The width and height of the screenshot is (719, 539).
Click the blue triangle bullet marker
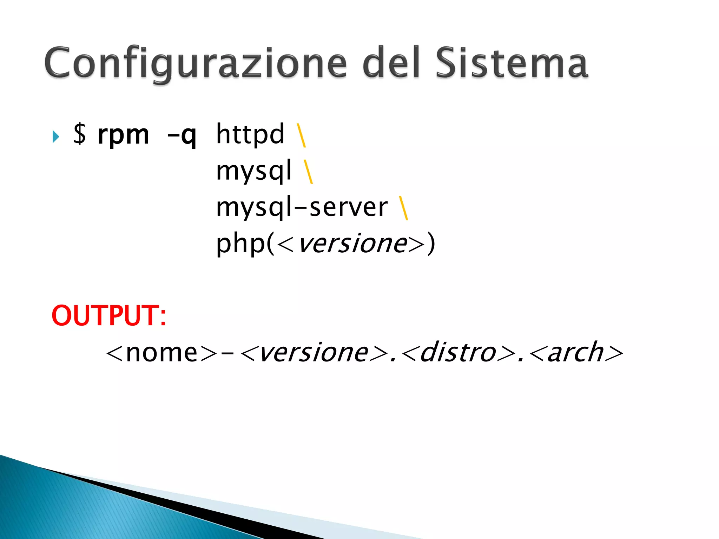click(x=55, y=137)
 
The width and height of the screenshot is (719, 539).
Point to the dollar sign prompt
click(x=80, y=134)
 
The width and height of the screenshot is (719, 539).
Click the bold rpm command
click(x=123, y=135)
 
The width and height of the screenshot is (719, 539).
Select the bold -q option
click(x=182, y=135)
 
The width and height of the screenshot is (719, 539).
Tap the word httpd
click(x=250, y=134)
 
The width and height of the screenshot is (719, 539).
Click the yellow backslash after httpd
click(x=301, y=135)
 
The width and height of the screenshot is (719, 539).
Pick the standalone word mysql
click(x=253, y=171)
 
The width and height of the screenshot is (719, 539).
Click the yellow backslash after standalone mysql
click(x=308, y=172)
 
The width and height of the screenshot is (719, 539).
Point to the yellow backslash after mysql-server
click(x=403, y=208)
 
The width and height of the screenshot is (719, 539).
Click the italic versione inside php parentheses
click(x=352, y=244)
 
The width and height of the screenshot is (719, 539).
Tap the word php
click(x=240, y=244)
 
